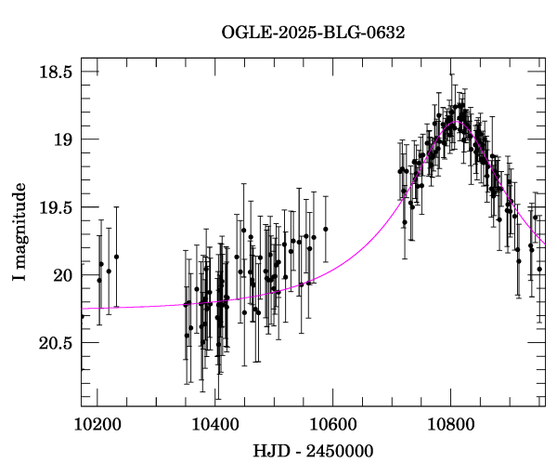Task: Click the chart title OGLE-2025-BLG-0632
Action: (313, 33)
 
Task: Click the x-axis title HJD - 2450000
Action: (313, 452)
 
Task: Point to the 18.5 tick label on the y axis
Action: (56, 72)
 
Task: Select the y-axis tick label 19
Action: (63, 139)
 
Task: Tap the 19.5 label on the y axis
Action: (56, 207)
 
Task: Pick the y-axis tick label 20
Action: (63, 275)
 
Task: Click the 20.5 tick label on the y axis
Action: (56, 343)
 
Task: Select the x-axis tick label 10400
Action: (214, 424)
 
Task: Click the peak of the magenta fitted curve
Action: (455, 122)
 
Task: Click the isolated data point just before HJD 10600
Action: (326, 229)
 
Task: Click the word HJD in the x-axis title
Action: (269, 452)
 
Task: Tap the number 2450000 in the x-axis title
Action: (340, 452)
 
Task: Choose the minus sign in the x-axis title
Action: (294, 452)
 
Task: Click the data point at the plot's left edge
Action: (82, 316)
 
